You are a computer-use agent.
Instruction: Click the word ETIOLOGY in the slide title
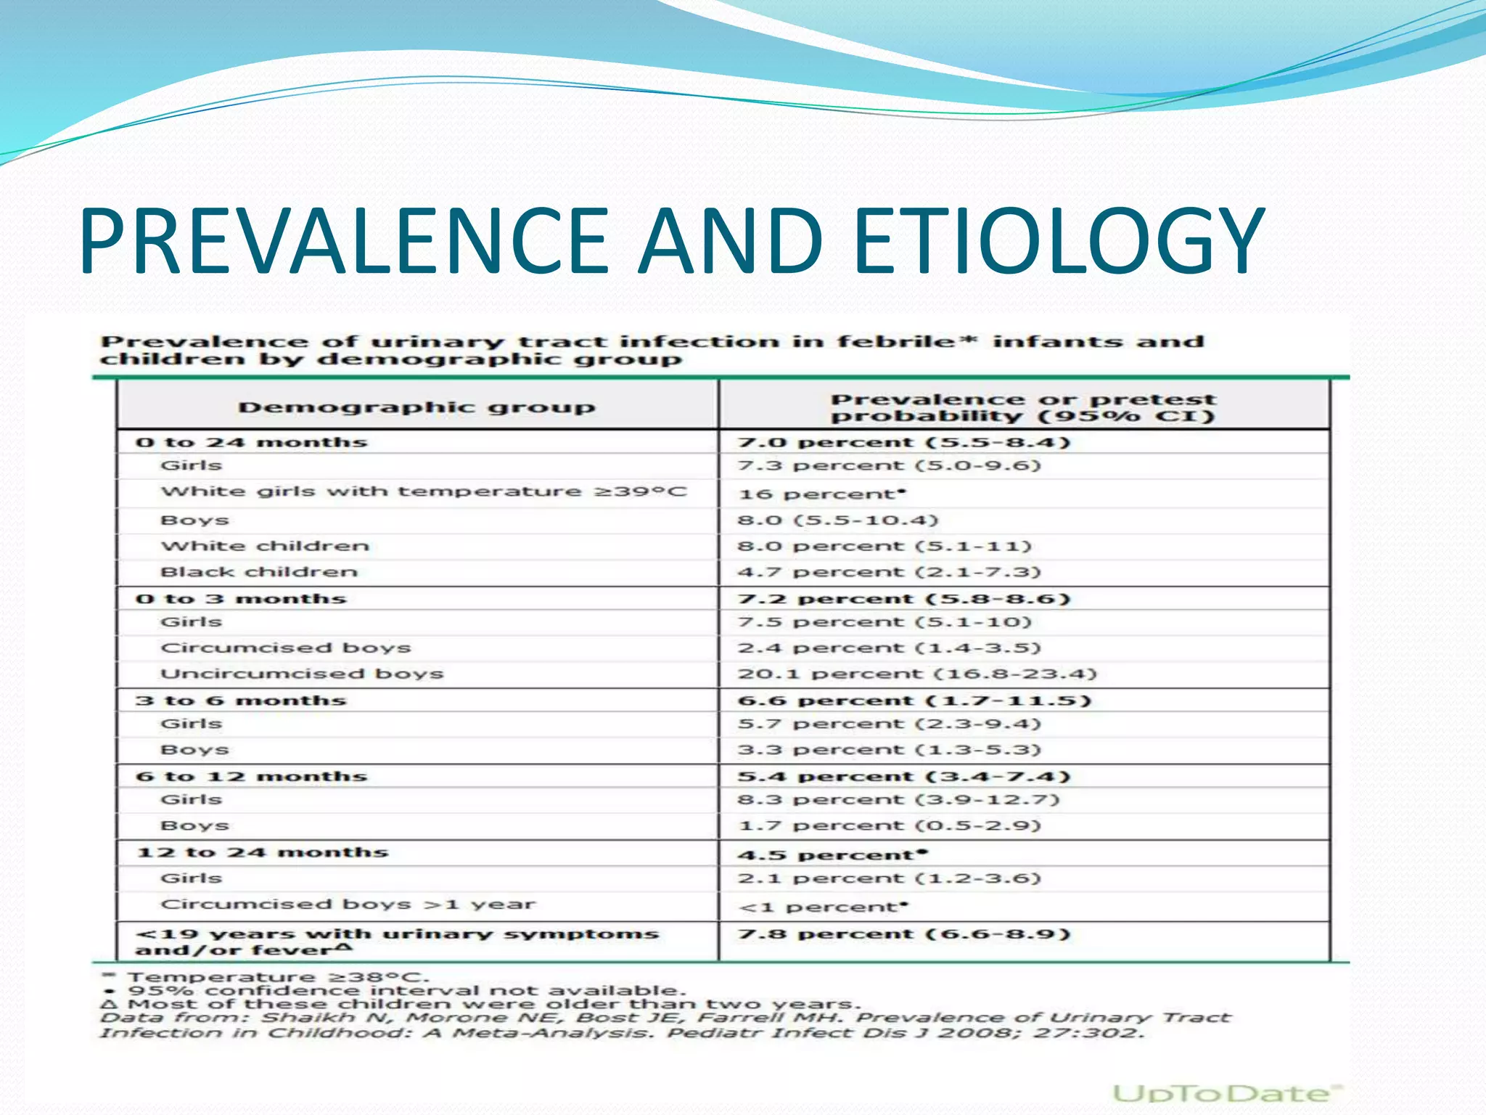coord(1060,241)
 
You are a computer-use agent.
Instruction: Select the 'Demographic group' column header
coord(416,407)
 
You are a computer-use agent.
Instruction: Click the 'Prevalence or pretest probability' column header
coord(1022,407)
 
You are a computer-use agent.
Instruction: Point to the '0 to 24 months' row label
coord(251,442)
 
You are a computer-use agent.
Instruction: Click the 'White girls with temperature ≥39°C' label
coord(423,491)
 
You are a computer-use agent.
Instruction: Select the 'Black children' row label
coord(259,572)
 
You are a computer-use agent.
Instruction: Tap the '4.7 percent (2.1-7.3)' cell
coord(890,572)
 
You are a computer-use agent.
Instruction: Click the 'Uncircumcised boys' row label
coord(302,674)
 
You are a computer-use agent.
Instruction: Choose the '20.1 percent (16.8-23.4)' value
coord(917,674)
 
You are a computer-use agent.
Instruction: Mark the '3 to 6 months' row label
coord(241,701)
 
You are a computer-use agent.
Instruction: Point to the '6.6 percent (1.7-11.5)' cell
coord(914,701)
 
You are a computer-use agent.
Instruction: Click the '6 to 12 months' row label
coord(251,776)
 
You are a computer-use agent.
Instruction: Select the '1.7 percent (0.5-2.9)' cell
coord(890,825)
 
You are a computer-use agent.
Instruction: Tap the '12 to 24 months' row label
coord(263,852)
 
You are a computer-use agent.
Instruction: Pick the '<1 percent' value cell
coord(823,907)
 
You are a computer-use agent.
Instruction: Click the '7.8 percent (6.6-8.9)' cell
coord(904,934)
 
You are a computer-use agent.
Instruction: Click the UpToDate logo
coord(1227,1093)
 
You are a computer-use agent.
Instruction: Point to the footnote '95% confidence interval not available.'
coord(406,991)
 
